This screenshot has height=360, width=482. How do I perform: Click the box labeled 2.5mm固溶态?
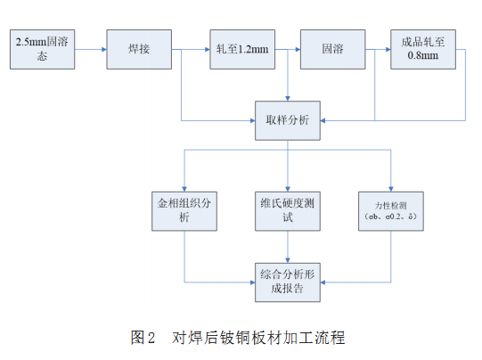(42, 48)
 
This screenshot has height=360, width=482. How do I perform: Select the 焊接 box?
(138, 48)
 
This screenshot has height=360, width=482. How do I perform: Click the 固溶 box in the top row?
(331, 48)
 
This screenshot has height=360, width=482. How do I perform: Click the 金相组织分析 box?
(184, 209)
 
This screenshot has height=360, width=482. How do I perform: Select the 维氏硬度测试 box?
(288, 209)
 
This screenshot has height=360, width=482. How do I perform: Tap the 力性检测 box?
(390, 209)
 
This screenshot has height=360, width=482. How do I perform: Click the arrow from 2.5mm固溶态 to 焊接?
(90, 48)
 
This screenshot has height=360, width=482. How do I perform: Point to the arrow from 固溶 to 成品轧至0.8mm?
(377, 48)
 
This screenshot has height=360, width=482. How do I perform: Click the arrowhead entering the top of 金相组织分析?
(184, 183)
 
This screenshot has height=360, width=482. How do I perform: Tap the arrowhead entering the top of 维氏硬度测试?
(288, 183)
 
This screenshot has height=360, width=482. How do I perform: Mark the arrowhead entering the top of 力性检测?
(390, 183)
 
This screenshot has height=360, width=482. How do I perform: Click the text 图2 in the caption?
(143, 337)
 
